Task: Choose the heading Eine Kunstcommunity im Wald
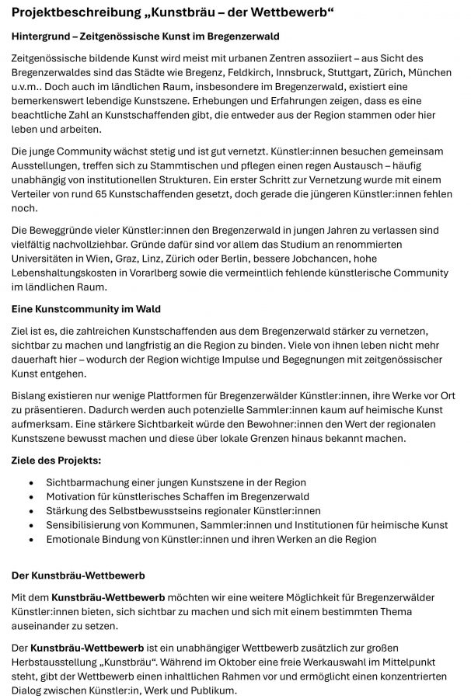[86, 309]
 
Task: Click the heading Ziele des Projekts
[56, 461]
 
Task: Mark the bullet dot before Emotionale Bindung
[30, 539]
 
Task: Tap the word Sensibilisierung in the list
[87, 525]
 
